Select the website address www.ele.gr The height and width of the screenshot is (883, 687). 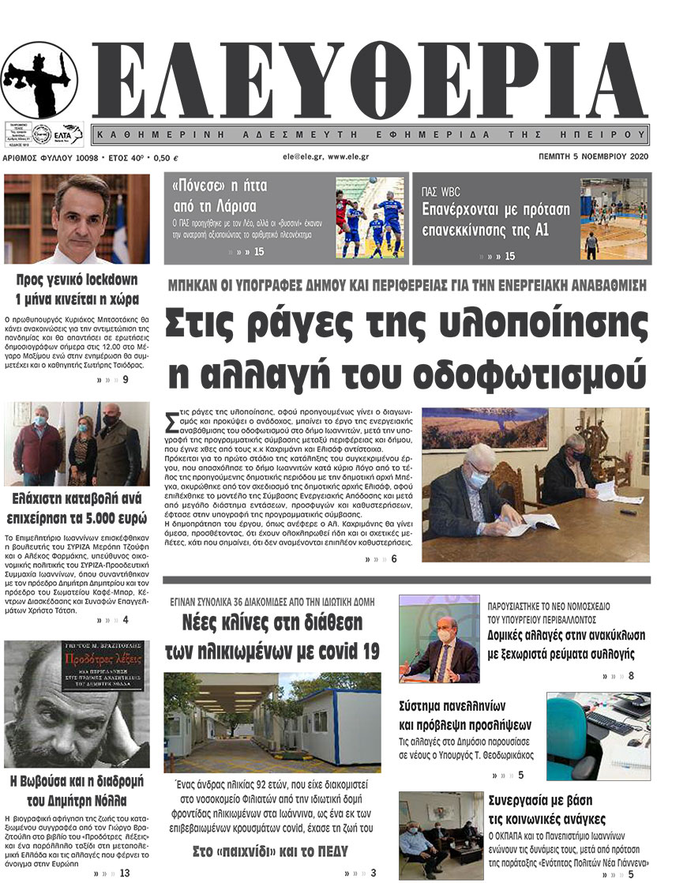point(349,156)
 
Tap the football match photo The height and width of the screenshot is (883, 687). point(369,218)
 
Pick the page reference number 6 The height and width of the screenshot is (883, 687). point(392,559)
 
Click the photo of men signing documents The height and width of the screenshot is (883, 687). point(535,484)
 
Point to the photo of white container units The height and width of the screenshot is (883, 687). point(272,722)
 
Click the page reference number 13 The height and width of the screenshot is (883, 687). point(125,873)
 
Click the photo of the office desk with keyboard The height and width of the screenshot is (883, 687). point(598,736)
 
